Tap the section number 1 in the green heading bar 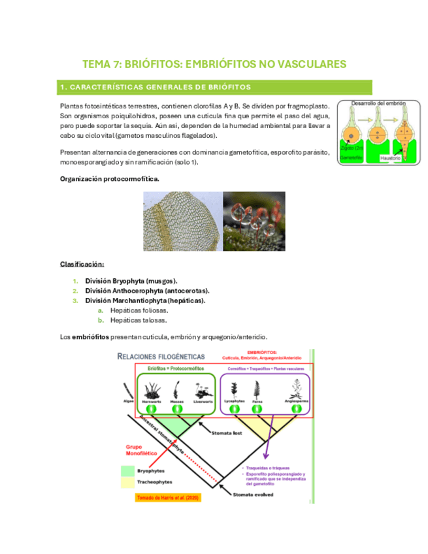pyautogui.click(x=61, y=87)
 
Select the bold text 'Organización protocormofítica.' pyautogui.click(x=108, y=178)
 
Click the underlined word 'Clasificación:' pyautogui.click(x=82, y=264)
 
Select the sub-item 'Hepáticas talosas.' pyautogui.click(x=139, y=320)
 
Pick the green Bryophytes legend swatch pyautogui.click(x=127, y=470)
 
